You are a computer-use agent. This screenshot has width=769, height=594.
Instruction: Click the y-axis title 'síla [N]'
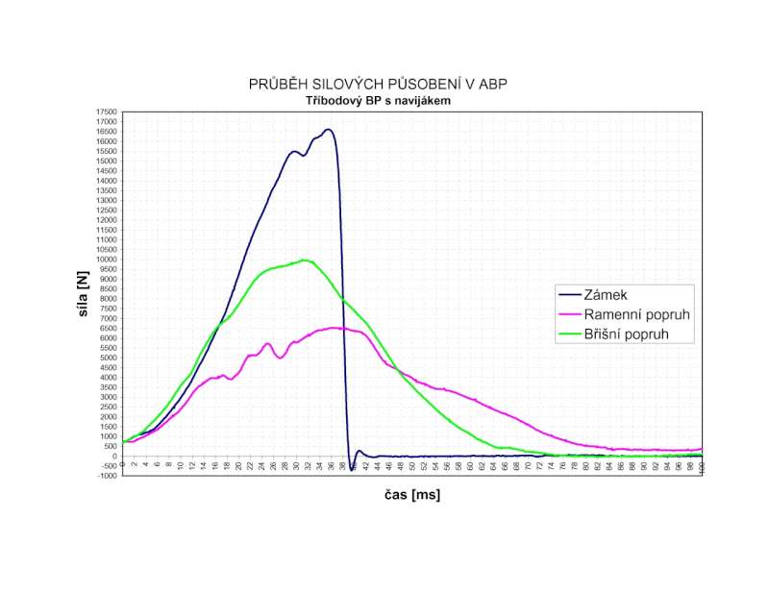(86, 293)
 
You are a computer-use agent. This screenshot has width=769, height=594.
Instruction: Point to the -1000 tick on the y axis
(106, 476)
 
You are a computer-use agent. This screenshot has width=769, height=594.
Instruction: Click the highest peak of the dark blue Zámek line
(329, 129)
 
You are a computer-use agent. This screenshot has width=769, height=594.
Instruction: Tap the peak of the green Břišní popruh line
(306, 260)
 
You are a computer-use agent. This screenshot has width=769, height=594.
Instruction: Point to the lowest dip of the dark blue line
(352, 468)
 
